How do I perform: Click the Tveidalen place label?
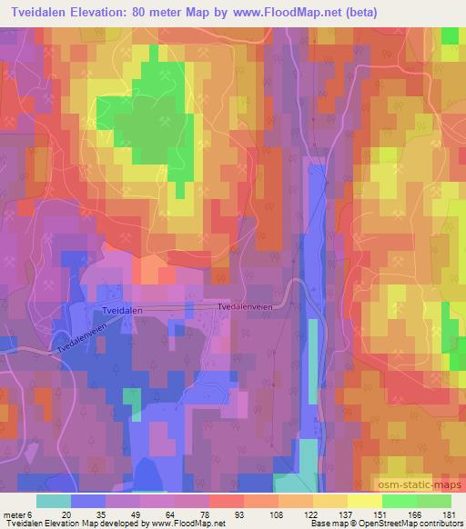point(123,310)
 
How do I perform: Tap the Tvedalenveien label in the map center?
point(244,307)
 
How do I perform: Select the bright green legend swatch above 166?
point(399,501)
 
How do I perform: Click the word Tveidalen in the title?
point(35,12)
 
